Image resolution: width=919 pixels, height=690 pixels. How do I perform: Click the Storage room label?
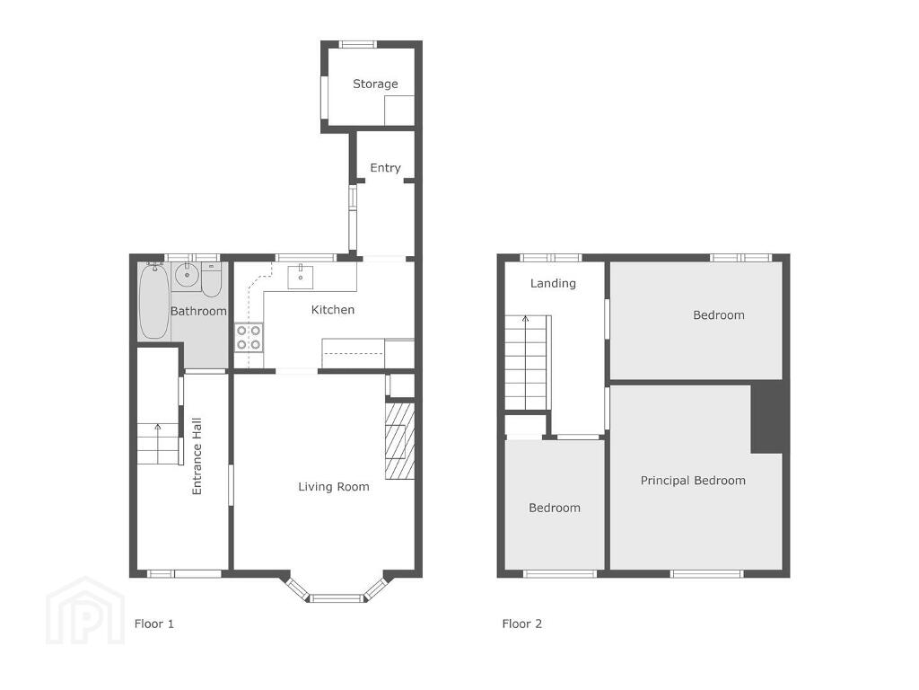point(375,84)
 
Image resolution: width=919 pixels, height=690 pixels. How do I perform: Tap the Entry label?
point(385,168)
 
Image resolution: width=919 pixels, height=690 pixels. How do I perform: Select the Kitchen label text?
point(332,310)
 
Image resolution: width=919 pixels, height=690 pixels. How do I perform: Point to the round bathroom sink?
point(187,276)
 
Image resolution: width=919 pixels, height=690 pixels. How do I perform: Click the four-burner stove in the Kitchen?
point(249,338)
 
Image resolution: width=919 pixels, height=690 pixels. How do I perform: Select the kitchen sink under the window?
point(300,277)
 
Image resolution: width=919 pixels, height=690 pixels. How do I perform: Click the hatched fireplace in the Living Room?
point(399,438)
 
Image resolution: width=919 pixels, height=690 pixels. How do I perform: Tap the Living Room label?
point(334,486)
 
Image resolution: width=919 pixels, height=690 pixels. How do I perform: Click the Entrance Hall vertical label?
point(197,456)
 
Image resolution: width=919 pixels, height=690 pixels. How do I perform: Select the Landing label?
point(553,283)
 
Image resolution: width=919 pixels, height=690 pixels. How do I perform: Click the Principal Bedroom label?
point(693,481)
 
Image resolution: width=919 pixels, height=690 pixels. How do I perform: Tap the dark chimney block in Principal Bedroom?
point(767,417)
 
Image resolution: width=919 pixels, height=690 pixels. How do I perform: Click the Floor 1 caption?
point(154,624)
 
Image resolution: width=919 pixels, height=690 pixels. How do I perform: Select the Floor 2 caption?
point(521,624)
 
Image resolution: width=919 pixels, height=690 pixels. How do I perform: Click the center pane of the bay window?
point(337,598)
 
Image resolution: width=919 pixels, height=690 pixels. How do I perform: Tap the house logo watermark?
point(85,611)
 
